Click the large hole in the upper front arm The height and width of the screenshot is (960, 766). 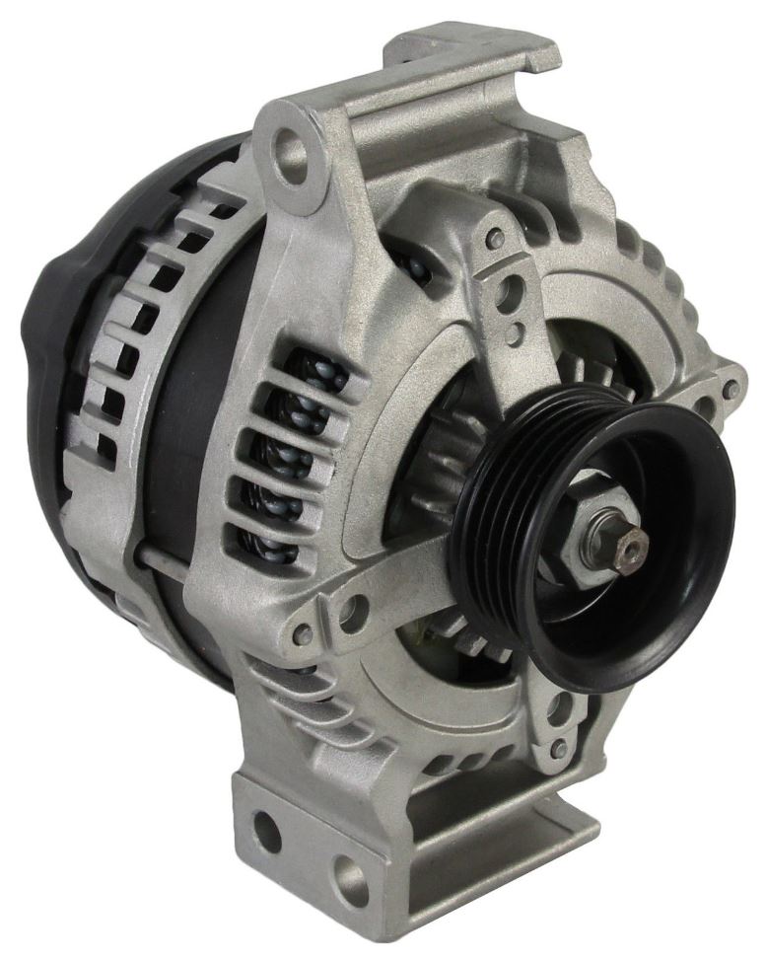[511, 293]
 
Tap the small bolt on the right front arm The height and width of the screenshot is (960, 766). [729, 389]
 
